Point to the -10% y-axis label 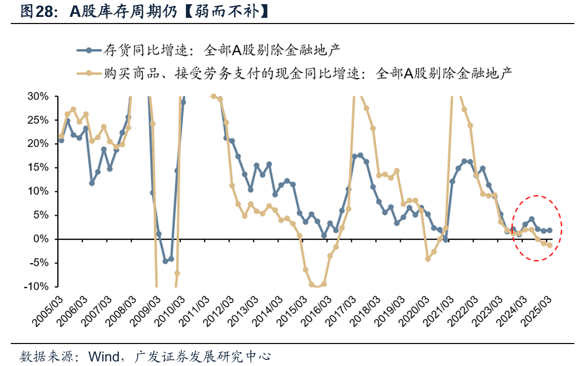click(35, 286)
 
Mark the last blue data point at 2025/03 click(550, 231)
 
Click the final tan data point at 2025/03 click(550, 245)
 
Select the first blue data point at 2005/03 click(61, 140)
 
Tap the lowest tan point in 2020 click(428, 259)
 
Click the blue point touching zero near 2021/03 click(446, 239)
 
